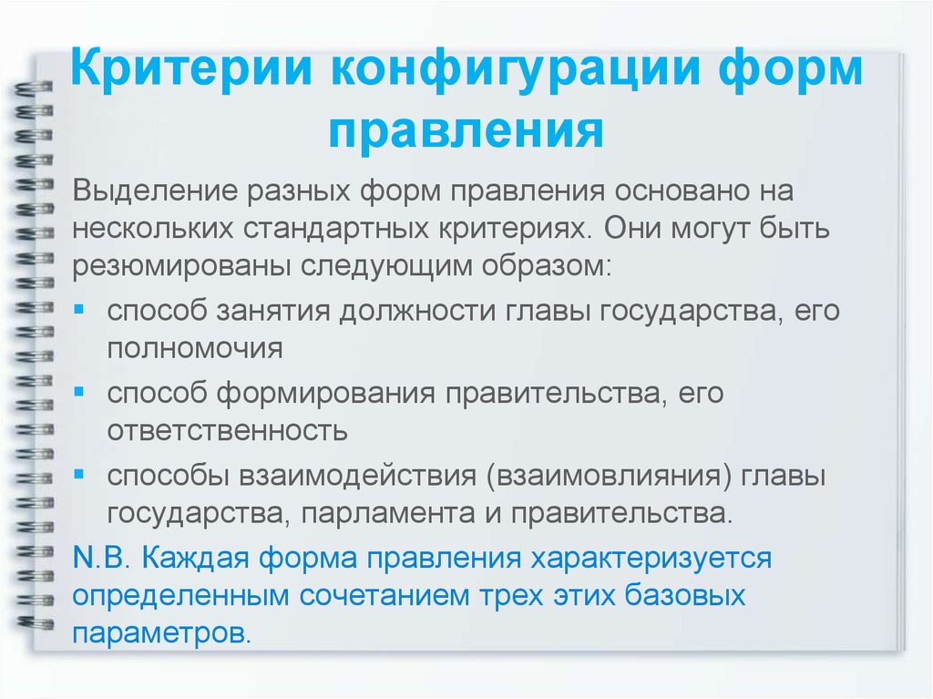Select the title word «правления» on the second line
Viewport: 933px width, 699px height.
tap(466, 132)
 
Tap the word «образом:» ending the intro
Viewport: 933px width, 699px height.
tap(547, 265)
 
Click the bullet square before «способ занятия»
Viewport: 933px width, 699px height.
tap(79, 310)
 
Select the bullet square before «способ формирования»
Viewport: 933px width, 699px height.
tap(79, 392)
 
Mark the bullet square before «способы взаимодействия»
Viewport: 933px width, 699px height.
tap(79, 475)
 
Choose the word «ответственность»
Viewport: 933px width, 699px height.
tap(227, 431)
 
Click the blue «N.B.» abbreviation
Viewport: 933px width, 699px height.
tap(101, 558)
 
